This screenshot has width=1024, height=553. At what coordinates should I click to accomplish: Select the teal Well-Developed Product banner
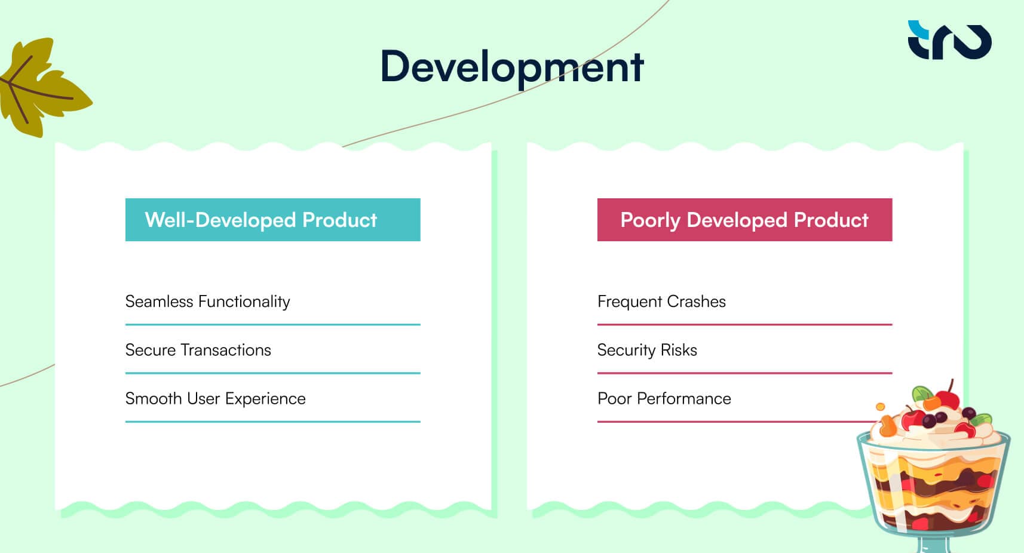[272, 220]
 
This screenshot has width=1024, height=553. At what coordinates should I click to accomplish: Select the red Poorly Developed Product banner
[744, 220]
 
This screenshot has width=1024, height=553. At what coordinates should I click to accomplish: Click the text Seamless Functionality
[207, 302]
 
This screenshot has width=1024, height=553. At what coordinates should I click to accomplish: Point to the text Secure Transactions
[198, 350]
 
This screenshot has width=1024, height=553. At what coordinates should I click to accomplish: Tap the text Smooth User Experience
[215, 398]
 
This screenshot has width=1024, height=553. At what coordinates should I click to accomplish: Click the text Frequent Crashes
[661, 302]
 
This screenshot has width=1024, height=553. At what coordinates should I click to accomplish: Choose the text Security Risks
[647, 350]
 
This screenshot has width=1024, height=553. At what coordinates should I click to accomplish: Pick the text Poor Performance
[664, 398]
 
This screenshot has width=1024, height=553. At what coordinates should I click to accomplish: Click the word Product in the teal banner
[339, 220]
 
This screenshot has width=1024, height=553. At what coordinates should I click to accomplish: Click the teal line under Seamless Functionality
[272, 325]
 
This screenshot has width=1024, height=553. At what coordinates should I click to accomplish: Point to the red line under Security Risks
[744, 373]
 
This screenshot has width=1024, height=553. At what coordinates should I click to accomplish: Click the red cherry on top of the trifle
[947, 398]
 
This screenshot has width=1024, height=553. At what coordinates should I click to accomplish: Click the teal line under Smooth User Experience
[272, 422]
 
